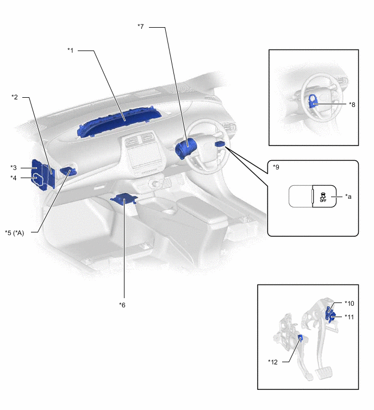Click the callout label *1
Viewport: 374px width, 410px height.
point(70,51)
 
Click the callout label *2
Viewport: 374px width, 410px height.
point(15,97)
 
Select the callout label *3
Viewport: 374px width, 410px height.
point(14,167)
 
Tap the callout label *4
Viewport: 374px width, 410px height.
point(14,178)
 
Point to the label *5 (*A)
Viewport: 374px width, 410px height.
point(18,232)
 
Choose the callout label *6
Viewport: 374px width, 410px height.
point(122,305)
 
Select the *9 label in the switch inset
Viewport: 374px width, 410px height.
point(277,168)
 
